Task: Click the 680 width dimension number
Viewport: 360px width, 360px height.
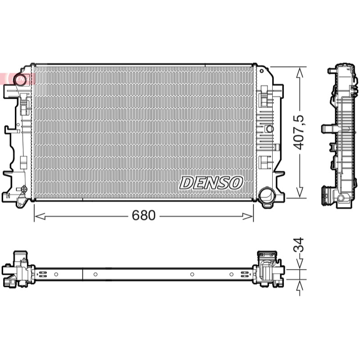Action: click(x=144, y=216)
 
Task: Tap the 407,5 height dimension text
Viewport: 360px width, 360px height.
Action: click(x=299, y=132)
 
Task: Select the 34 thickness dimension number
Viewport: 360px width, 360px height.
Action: click(x=299, y=245)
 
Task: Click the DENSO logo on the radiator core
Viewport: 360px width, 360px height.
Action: click(x=211, y=183)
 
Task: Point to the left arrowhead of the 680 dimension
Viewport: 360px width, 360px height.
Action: click(x=40, y=216)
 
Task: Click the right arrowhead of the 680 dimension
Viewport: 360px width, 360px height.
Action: click(x=248, y=216)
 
